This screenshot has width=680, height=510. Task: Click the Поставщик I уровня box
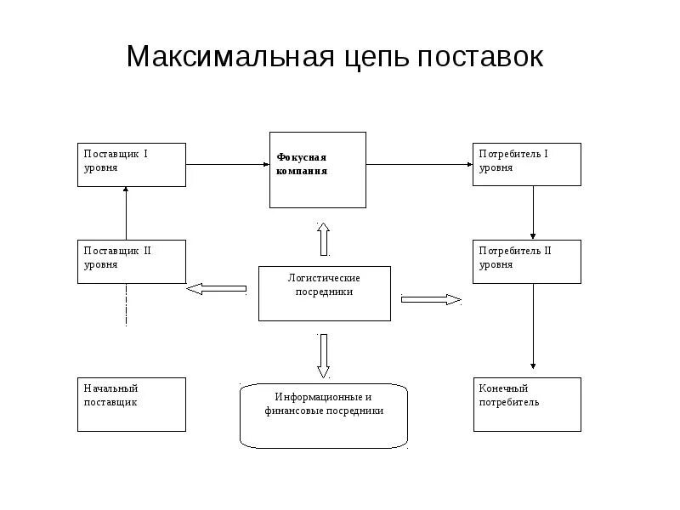(x=131, y=164)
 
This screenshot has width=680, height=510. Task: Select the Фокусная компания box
(x=318, y=169)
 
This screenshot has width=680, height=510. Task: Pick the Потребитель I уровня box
(x=527, y=164)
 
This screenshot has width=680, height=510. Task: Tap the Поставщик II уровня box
(x=131, y=261)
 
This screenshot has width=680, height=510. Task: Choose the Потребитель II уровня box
(x=527, y=261)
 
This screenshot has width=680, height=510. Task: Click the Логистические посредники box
(x=325, y=293)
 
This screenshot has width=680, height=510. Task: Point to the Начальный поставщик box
(x=131, y=404)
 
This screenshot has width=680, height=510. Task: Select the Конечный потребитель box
(x=527, y=404)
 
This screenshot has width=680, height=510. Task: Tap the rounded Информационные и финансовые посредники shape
(x=324, y=415)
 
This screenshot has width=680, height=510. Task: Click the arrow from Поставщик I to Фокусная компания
(x=227, y=164)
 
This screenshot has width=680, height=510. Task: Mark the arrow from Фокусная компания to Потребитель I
(x=419, y=164)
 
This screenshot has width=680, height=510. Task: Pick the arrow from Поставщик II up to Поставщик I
(x=126, y=212)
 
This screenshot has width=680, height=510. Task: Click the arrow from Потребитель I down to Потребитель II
(x=533, y=212)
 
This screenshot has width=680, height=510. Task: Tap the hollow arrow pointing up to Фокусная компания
(x=323, y=239)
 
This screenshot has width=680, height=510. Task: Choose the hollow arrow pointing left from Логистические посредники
(x=216, y=289)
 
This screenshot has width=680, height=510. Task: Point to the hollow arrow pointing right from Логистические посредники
(x=430, y=299)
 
